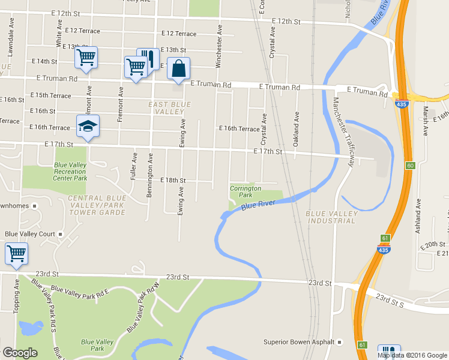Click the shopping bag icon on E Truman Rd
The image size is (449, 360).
coord(178,69)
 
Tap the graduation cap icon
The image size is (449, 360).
coord(88,127)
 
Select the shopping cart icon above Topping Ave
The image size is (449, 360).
coord(16,254)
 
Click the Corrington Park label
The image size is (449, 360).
coord(246,191)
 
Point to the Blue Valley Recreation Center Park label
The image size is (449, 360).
coord(70,172)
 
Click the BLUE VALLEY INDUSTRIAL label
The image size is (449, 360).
coord(331,217)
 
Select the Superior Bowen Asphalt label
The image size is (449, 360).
coord(298,343)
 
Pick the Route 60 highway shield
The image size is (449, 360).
coord(411,165)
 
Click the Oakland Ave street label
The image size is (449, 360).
coord(296,130)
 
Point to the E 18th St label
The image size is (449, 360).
coord(173,180)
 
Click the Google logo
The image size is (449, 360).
coord(19,353)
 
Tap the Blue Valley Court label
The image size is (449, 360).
coord(30,234)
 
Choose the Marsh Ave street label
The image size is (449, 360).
coord(425,121)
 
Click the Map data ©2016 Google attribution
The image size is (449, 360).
coord(413,355)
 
